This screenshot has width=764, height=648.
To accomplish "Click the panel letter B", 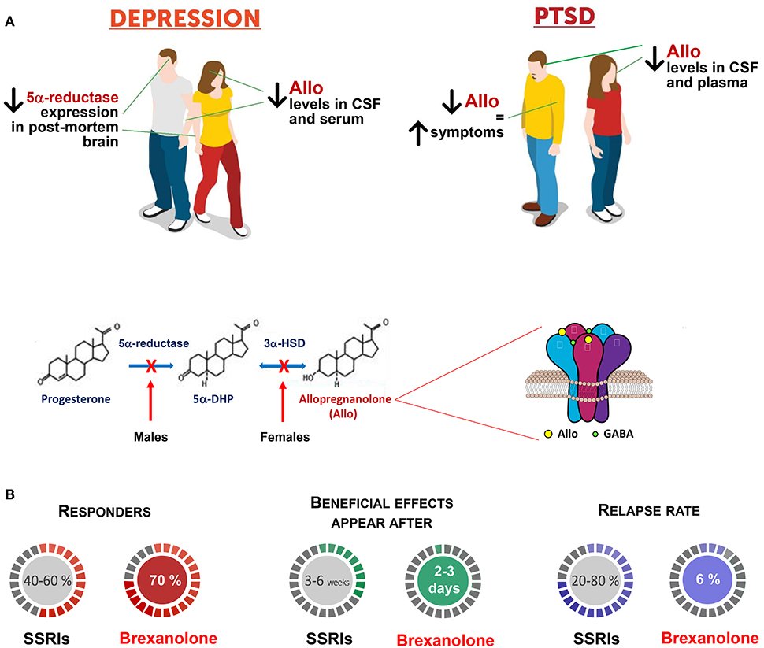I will [x=9, y=494].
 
